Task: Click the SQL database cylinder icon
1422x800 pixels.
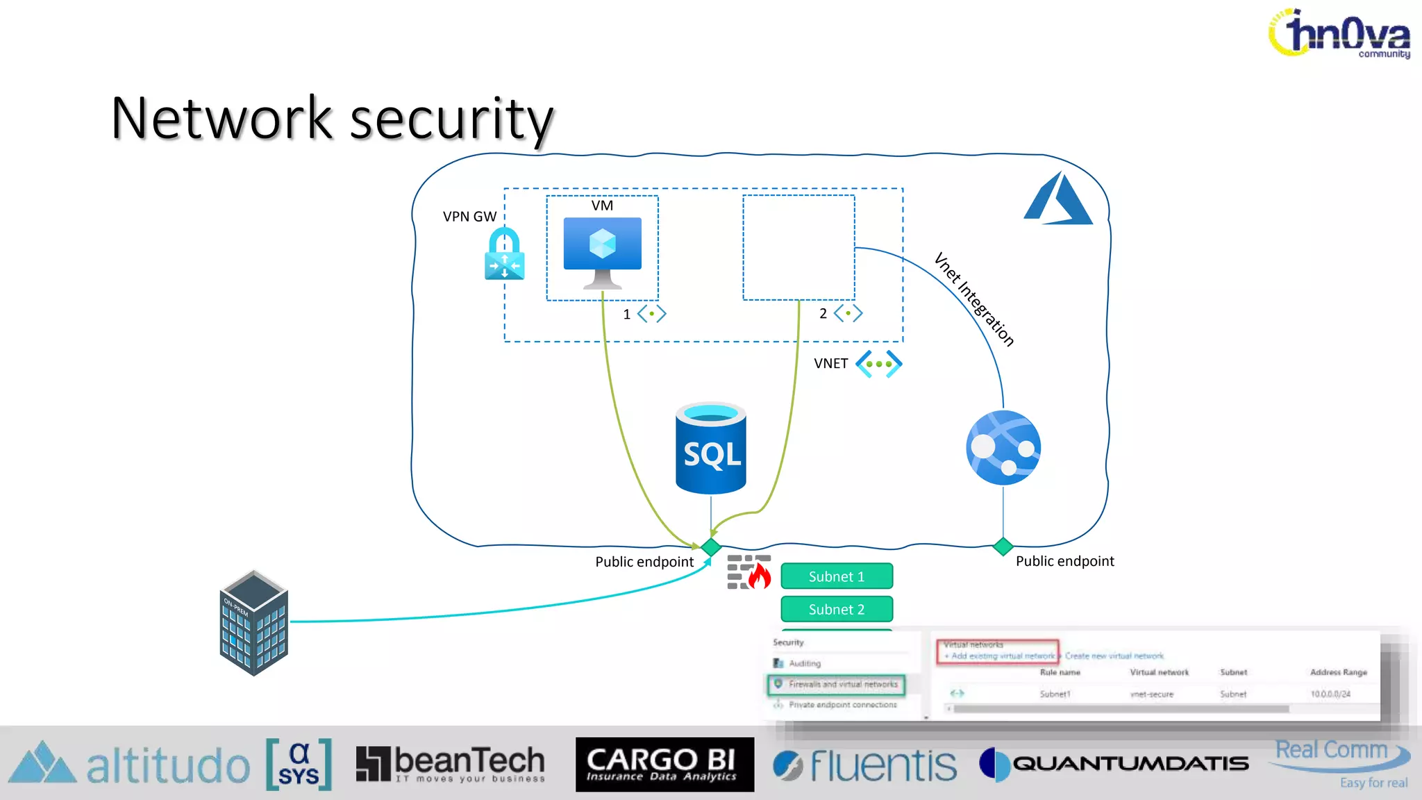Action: coord(710,449)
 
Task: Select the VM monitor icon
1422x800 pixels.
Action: coord(602,250)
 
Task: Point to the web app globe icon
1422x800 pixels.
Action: coord(1003,447)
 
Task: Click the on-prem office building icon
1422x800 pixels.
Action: coord(253,623)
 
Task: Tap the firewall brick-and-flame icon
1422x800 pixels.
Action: coord(748,572)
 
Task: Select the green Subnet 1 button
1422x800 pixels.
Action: coord(836,576)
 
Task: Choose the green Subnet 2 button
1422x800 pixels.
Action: coord(836,609)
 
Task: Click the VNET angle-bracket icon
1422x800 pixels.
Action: coord(878,363)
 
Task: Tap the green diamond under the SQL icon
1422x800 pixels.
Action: coord(711,547)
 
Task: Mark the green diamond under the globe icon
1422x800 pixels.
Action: coord(1003,547)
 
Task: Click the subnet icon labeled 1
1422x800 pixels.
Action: coord(651,314)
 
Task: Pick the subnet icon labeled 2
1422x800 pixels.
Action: coord(848,313)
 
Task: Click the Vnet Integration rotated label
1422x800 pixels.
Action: coord(973,299)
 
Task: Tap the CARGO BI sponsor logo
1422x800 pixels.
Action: coord(664,765)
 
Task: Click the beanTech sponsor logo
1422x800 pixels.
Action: coord(451,764)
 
